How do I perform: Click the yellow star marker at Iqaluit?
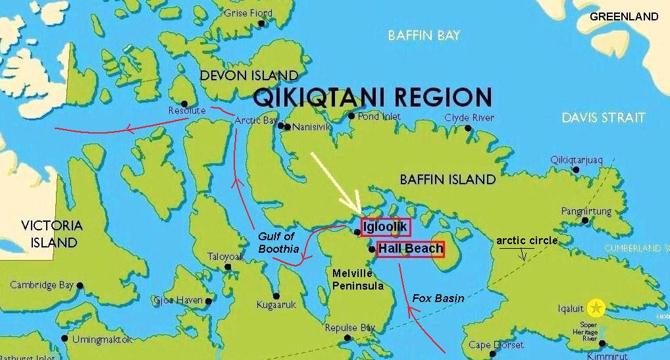click(596, 307)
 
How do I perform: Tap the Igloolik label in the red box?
click(385, 227)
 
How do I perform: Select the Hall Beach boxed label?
click(410, 249)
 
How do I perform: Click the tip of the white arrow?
click(359, 212)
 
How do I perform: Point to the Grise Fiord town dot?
click(261, 23)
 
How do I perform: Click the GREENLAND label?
click(623, 16)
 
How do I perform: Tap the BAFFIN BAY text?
click(424, 36)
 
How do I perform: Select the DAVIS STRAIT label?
click(604, 118)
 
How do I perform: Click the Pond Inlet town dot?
click(351, 116)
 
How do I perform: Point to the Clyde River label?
click(469, 118)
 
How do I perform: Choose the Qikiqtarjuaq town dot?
click(576, 170)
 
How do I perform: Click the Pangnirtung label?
click(586, 212)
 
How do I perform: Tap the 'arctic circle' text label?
click(527, 240)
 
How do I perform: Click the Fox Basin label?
click(438, 298)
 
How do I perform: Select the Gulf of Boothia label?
click(276, 243)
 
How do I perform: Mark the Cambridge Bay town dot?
click(80, 286)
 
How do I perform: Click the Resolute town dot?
click(184, 104)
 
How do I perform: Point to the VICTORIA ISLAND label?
click(51, 234)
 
